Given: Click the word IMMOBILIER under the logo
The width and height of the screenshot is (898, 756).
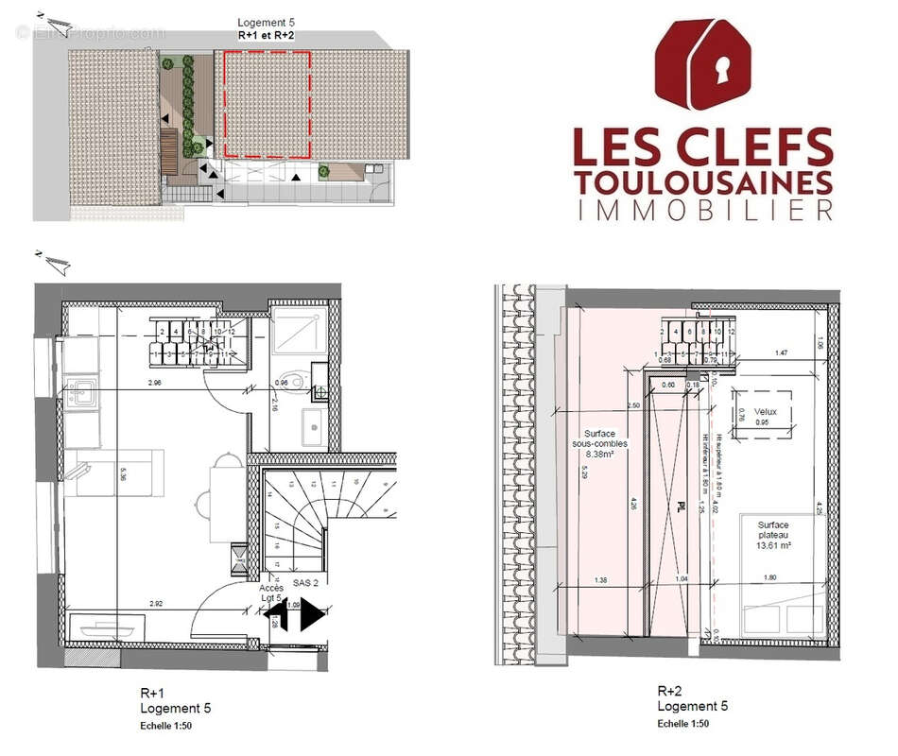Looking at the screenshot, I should [x=704, y=210].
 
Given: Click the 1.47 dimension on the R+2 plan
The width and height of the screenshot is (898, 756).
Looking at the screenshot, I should [x=781, y=352].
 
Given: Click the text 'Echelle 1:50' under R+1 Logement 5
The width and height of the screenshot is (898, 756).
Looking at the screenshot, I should [x=164, y=727].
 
